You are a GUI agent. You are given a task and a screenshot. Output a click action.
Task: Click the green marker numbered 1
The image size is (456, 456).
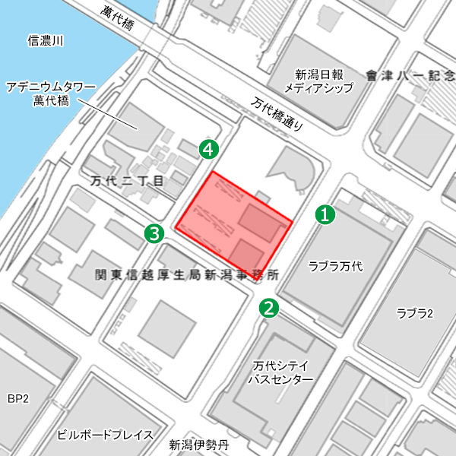(x=325, y=215)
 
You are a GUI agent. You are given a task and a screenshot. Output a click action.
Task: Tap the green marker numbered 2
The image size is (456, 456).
(x=269, y=307)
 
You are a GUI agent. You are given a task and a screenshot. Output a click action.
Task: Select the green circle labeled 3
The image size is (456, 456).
(x=155, y=233)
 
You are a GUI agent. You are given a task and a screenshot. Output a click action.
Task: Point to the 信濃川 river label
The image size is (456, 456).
(x=46, y=40)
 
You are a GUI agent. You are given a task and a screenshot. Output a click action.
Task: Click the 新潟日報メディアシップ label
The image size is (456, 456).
(x=319, y=81)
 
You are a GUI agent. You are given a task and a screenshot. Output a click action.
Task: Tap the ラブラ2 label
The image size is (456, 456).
(x=414, y=313)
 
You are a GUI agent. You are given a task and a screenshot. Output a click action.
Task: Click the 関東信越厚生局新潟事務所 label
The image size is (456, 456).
(x=186, y=274)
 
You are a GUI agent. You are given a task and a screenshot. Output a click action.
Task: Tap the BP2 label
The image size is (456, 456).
(x=17, y=398)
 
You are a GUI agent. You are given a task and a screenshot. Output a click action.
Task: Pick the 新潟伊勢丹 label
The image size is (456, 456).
(x=198, y=445)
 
